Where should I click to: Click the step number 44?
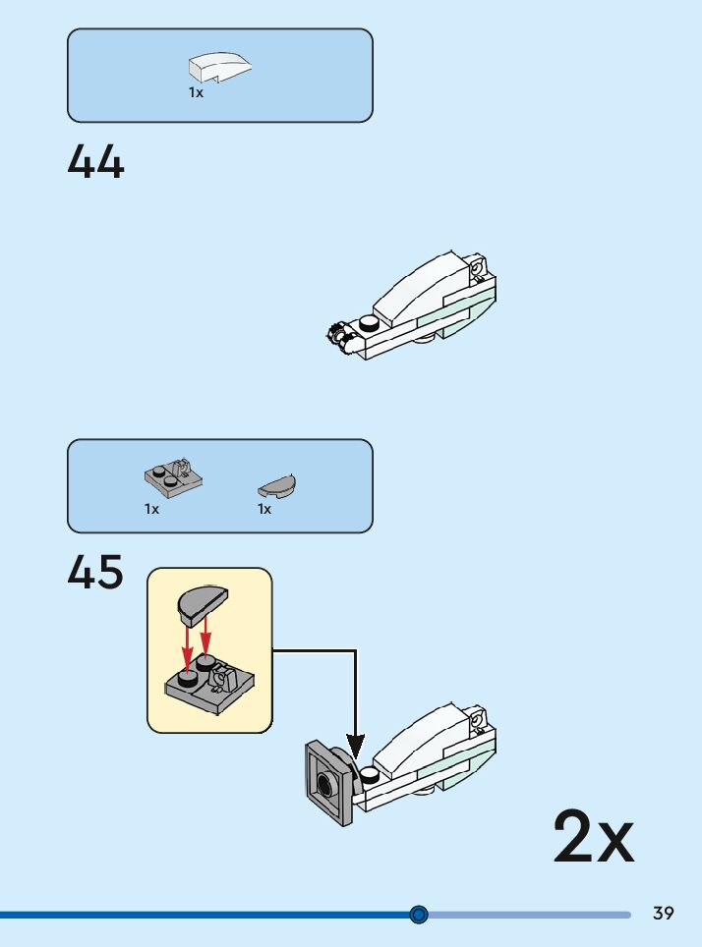[96, 162]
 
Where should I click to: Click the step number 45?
[96, 573]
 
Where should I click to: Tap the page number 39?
[664, 914]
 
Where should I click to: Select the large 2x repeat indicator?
[594, 836]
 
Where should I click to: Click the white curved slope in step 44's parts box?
[219, 66]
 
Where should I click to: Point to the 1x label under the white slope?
[197, 92]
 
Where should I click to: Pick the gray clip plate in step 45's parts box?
[173, 476]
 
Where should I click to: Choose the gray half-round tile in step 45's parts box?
[277, 484]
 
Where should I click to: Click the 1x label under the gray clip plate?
[152, 509]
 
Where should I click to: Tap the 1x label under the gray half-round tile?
[264, 509]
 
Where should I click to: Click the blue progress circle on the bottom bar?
[419, 915]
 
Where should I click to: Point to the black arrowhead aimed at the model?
[355, 747]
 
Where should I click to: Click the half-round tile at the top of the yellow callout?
[202, 602]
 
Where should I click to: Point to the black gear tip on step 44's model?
[337, 335]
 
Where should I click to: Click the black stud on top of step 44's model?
[370, 320]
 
